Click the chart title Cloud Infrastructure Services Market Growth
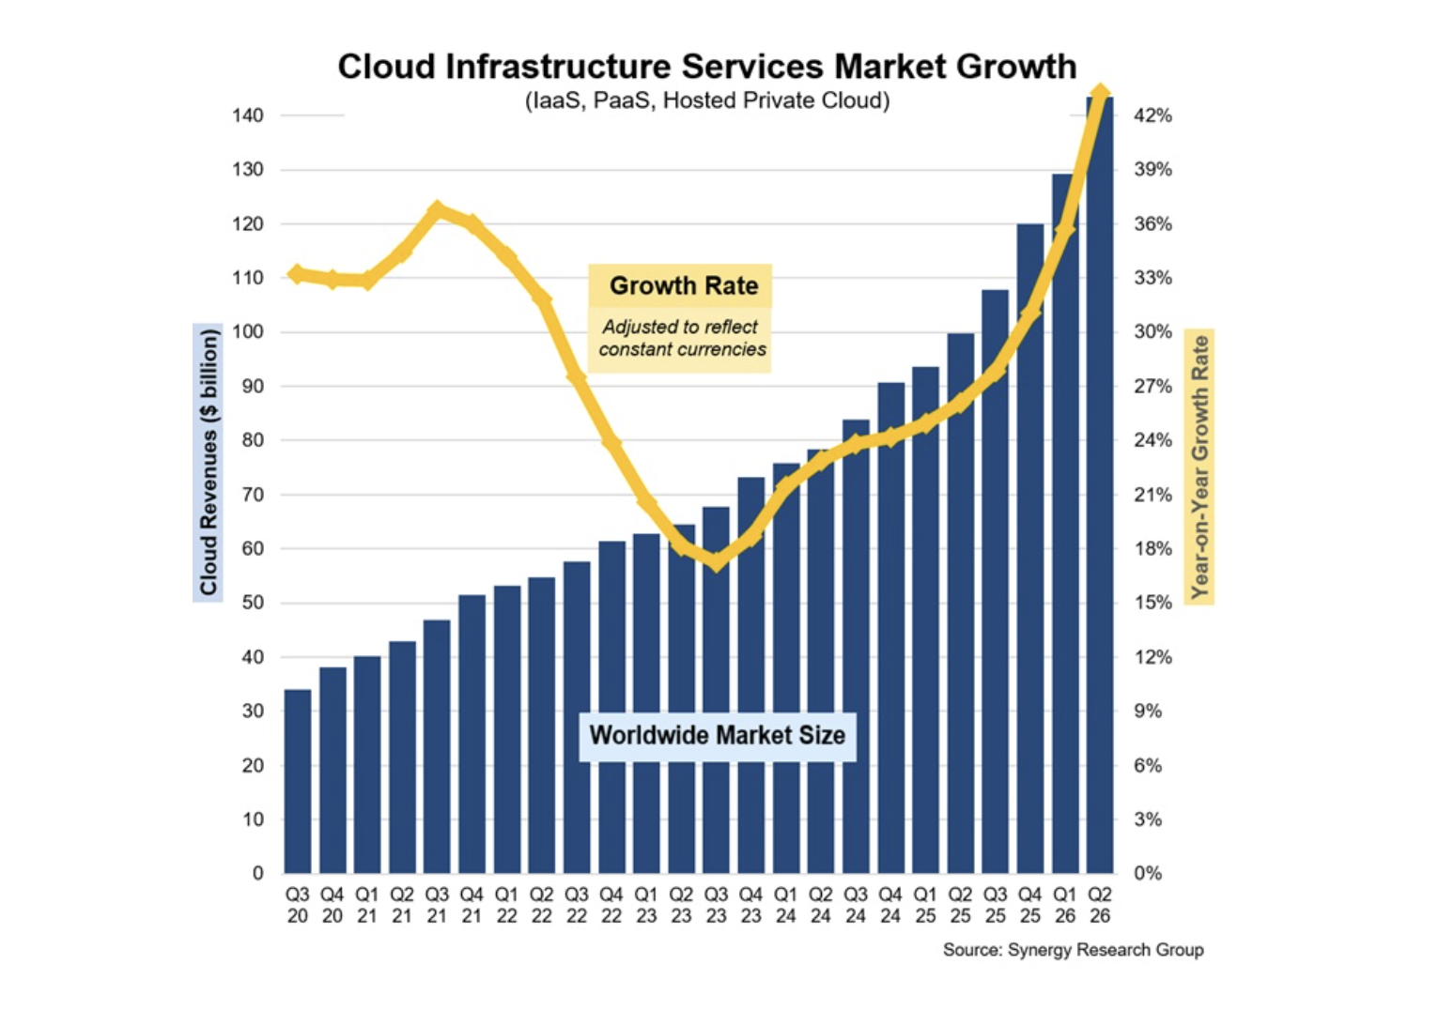tap(707, 66)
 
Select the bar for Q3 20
tap(298, 781)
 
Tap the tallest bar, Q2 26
tap(1100, 485)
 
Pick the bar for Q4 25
tap(1030, 549)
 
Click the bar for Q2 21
tap(402, 757)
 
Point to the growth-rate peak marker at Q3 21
tap(438, 210)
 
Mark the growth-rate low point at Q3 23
tap(716, 561)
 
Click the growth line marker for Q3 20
tap(298, 274)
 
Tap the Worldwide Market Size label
tap(718, 736)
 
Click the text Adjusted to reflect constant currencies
tap(682, 338)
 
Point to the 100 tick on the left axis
tap(248, 332)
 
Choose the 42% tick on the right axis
tap(1152, 115)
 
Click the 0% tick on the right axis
tap(1148, 873)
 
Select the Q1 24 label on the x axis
tap(785, 906)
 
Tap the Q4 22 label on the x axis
tap(611, 906)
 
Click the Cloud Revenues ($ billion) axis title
tap(208, 463)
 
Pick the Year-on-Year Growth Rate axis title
tap(1199, 467)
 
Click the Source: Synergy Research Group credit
tap(1073, 950)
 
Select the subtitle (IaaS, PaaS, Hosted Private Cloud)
tap(707, 100)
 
